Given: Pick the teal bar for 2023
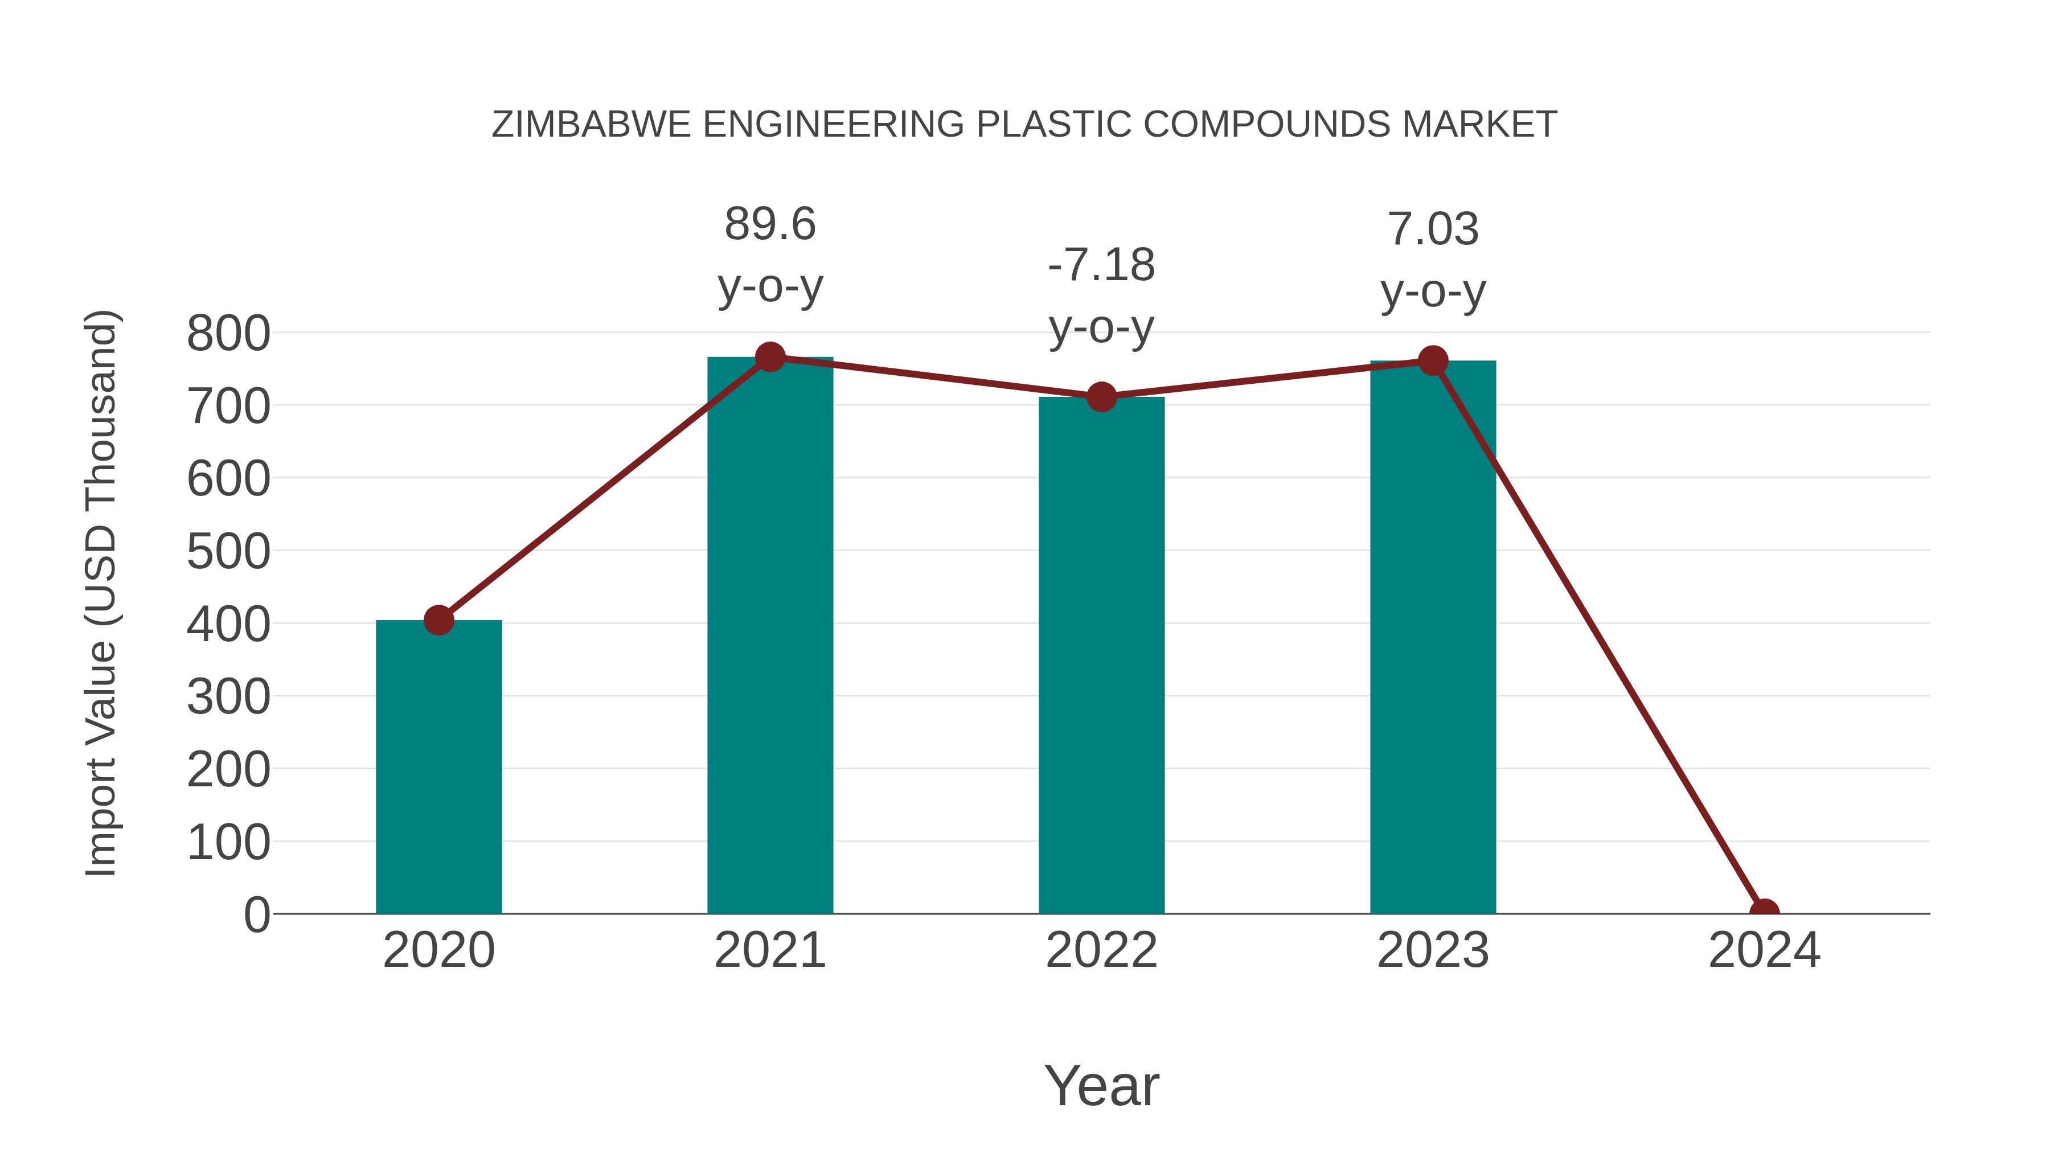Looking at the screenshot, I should [x=1433, y=637].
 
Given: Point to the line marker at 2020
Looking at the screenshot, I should [x=438, y=620].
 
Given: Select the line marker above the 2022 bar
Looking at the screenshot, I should [x=1101, y=396].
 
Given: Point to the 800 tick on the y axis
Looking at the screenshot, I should [x=228, y=334].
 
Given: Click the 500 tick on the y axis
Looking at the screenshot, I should [x=228, y=551].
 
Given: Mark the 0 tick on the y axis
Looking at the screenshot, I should [x=256, y=914].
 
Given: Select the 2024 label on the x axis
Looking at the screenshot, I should [x=1764, y=950].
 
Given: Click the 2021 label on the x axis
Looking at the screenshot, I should [x=769, y=950].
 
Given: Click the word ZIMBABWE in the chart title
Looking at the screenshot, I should [x=591, y=125].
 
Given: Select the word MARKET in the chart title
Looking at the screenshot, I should [x=1479, y=125].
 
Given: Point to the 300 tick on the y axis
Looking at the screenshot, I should [x=228, y=697].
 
